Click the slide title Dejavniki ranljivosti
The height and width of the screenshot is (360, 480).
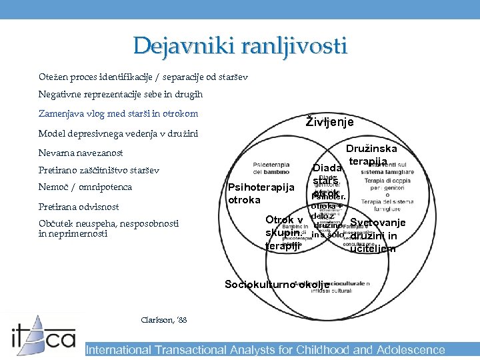[239, 45]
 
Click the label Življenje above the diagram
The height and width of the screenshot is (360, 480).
[329, 122]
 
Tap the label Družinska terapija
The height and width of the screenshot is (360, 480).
[371, 155]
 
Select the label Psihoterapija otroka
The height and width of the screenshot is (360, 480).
[261, 193]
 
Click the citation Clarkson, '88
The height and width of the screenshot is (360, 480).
[164, 320]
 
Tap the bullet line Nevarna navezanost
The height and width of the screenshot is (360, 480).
[81, 153]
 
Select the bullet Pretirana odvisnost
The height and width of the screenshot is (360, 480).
[79, 207]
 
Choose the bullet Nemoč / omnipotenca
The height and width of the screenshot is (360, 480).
[85, 187]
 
